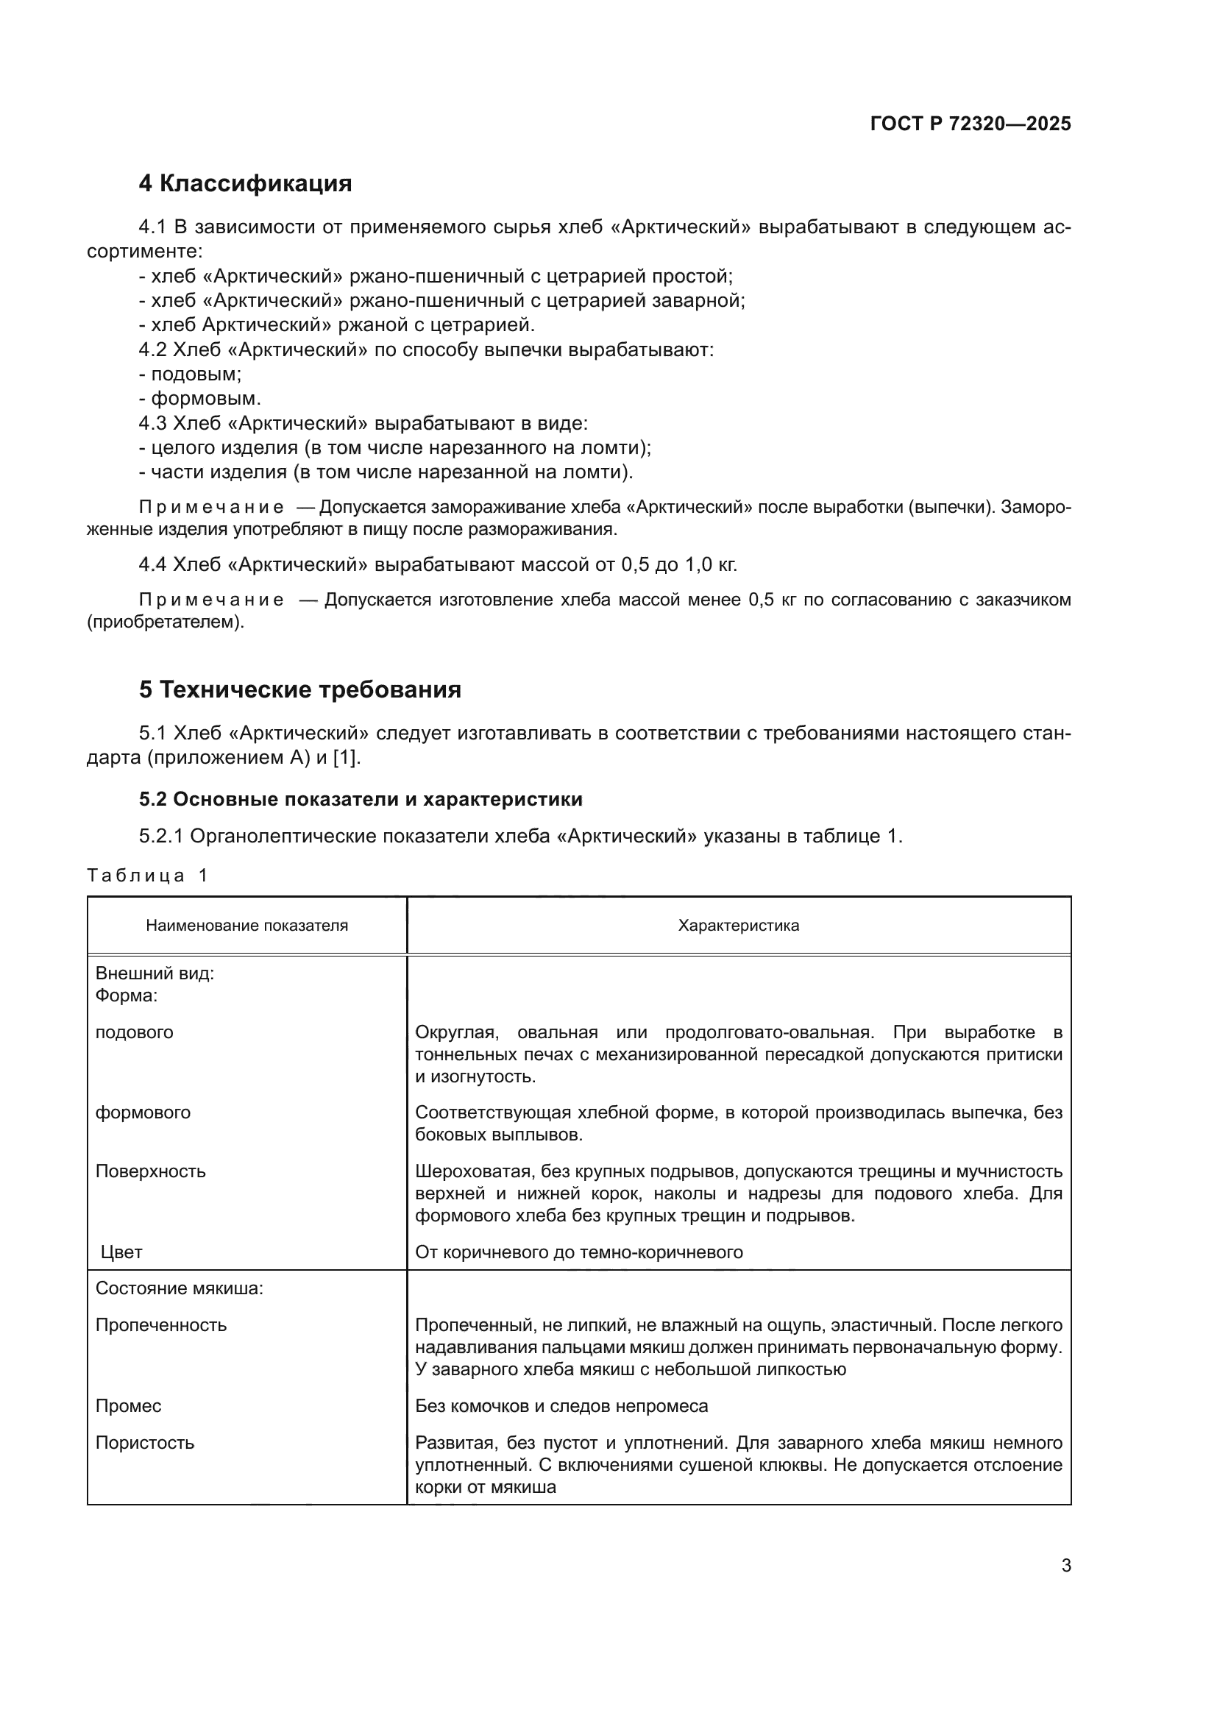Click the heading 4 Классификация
[x=245, y=184]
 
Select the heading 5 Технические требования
[x=299, y=689]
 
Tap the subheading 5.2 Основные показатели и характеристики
[x=361, y=799]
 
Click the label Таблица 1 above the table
[x=147, y=875]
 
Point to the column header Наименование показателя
[x=246, y=925]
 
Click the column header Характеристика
[x=738, y=925]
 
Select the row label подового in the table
[x=134, y=1032]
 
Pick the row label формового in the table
[x=143, y=1113]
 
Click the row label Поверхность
[x=150, y=1171]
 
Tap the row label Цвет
[x=121, y=1252]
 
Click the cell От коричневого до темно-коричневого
[x=578, y=1252]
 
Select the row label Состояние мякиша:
[x=179, y=1288]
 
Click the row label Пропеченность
[x=160, y=1325]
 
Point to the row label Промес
[x=128, y=1405]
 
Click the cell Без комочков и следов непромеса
[x=561, y=1405]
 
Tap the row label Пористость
[x=145, y=1442]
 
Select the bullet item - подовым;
[x=191, y=374]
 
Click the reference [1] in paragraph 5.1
[x=346, y=757]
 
